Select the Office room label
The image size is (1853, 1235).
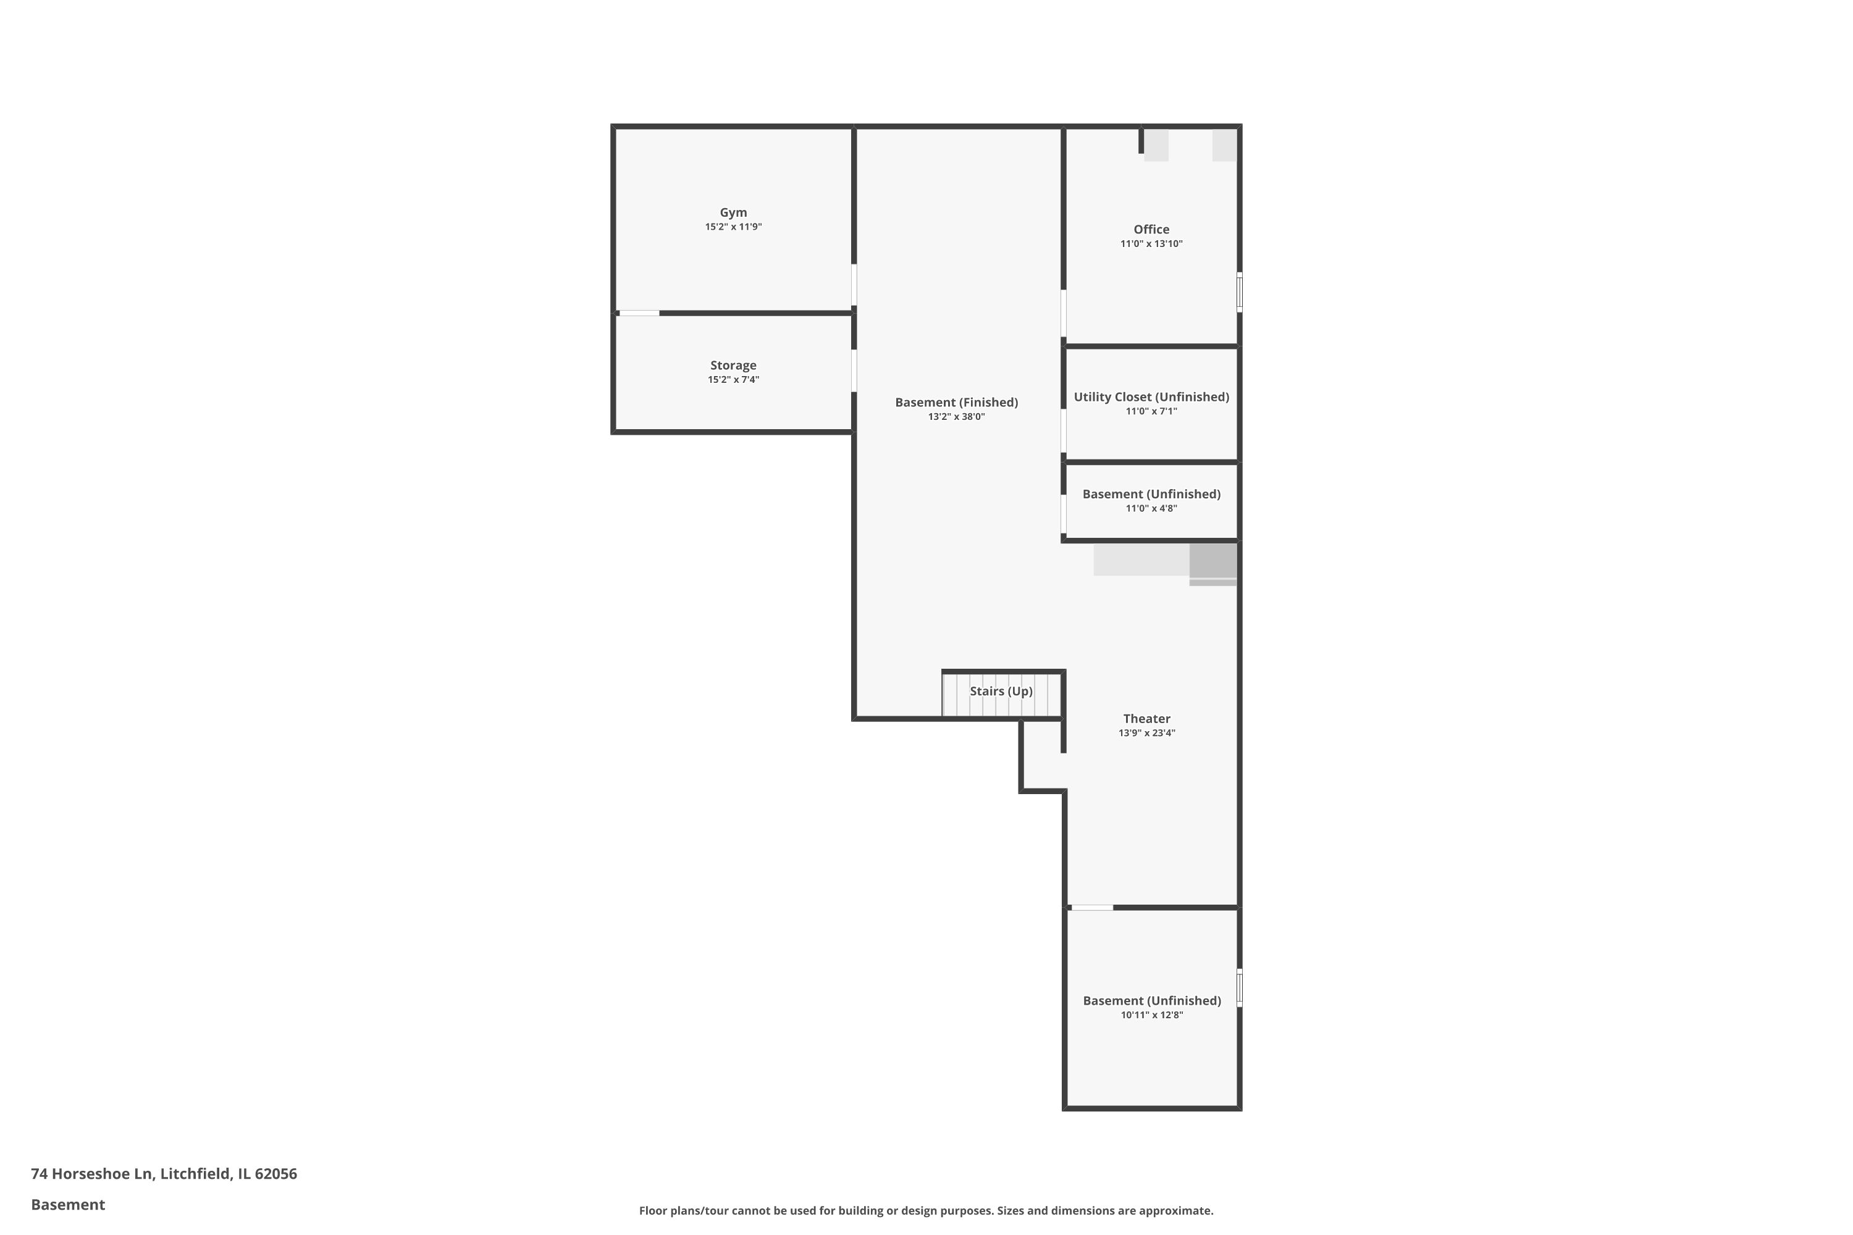(x=1151, y=229)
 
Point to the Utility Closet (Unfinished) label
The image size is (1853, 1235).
(x=1151, y=397)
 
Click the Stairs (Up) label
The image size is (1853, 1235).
(x=1001, y=691)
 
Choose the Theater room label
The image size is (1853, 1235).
(x=1146, y=718)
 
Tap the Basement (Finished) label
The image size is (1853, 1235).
(x=956, y=403)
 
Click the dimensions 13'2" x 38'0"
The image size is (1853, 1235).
(x=956, y=417)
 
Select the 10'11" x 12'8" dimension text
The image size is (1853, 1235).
(x=1152, y=1015)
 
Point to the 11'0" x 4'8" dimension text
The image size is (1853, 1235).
(x=1151, y=508)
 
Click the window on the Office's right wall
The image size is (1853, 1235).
(x=1239, y=292)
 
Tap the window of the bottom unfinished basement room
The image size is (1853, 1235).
(x=1239, y=987)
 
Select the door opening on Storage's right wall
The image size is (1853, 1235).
(x=854, y=370)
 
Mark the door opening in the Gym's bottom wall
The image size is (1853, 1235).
(x=639, y=314)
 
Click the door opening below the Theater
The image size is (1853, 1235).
(x=1092, y=908)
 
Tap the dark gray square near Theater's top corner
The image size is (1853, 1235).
(x=1212, y=561)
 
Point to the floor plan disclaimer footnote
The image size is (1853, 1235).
(x=926, y=1210)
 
